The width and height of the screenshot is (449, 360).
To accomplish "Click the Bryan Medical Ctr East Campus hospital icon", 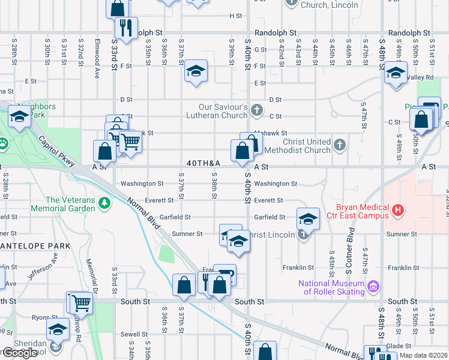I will click(398, 211).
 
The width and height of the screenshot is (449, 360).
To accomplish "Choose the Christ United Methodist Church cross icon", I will click(340, 145).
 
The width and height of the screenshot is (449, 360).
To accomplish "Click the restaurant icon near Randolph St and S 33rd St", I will click(126, 28).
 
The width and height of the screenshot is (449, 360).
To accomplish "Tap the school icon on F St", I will click(196, 71).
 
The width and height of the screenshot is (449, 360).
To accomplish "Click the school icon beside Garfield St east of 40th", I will click(307, 218).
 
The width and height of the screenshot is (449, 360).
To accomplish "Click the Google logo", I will click(20, 353).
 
